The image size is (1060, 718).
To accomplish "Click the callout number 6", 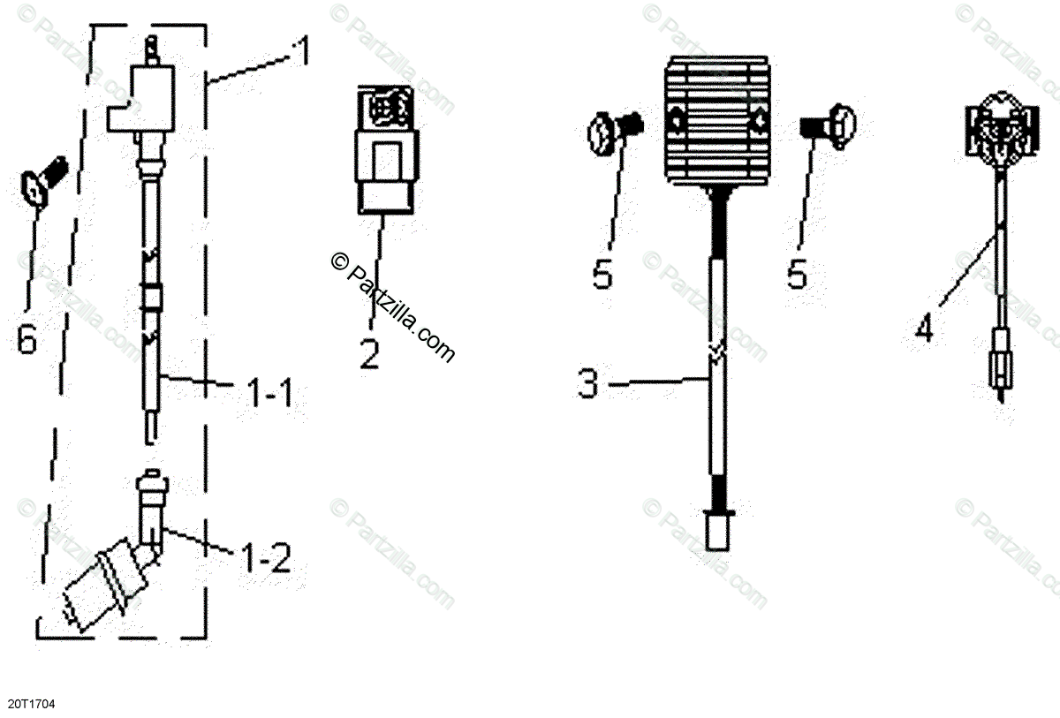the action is point(27,338).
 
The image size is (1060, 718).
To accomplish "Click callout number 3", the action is point(589,384).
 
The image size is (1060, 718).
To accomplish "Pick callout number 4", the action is point(923,329).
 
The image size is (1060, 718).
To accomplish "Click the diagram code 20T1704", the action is point(32,704).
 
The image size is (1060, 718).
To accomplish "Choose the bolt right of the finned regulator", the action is point(828,123).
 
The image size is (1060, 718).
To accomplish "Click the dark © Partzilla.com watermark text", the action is point(392,306).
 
